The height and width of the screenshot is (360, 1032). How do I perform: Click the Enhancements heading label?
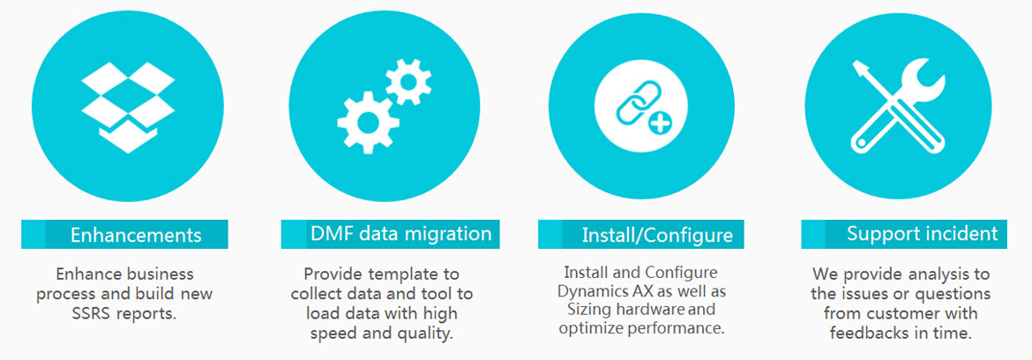click(136, 235)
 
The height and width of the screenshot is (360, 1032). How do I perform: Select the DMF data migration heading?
click(400, 233)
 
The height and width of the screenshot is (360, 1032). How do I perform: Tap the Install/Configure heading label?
click(657, 235)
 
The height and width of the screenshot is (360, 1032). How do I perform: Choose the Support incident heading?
click(922, 234)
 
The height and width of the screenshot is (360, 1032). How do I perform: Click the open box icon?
click(128, 108)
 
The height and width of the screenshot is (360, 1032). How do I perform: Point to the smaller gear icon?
click(408, 82)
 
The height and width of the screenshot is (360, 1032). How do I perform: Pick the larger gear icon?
click(368, 123)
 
